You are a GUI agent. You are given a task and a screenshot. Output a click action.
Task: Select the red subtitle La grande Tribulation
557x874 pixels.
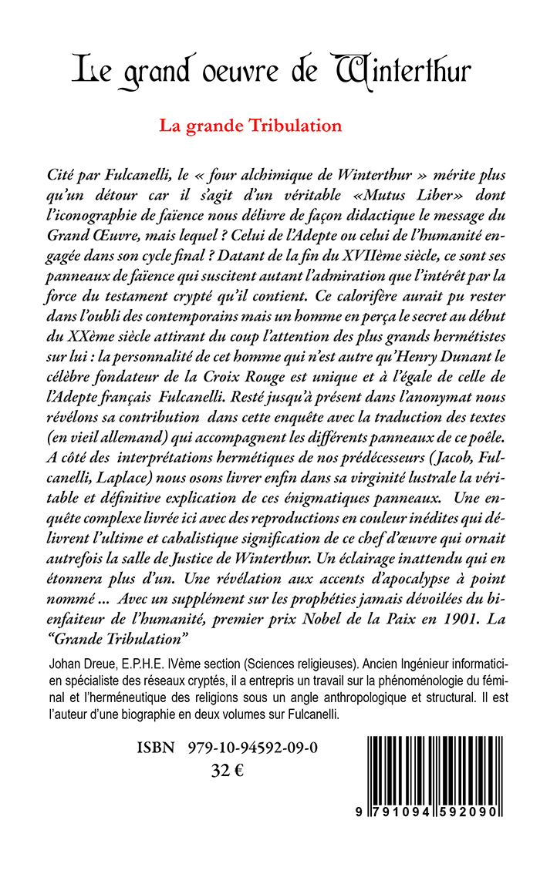coord(251,125)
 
